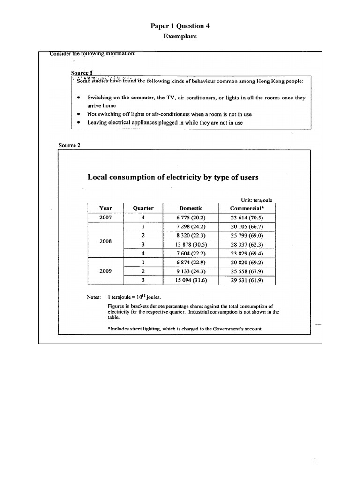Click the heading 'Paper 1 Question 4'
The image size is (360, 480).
point(180,26)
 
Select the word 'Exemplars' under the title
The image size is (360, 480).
point(180,37)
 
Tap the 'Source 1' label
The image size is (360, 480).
point(82,73)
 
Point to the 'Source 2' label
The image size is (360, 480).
point(69,145)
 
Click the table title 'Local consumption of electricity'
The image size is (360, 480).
point(173,177)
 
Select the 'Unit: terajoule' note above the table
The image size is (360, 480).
point(256,200)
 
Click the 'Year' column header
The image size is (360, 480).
point(105,208)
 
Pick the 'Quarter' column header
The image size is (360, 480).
point(143,208)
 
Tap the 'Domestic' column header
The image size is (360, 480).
point(191,208)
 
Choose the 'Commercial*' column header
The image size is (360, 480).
point(247,208)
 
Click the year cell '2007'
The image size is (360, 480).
point(105,217)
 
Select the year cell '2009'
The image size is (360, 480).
point(105,271)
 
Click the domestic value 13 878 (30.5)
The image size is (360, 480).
point(190,244)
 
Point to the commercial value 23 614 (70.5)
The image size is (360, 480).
point(247,217)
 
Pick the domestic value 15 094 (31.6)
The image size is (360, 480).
point(190,280)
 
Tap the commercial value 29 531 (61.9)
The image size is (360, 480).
point(247,280)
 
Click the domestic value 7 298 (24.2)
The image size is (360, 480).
point(190,226)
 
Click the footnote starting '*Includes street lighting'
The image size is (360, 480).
point(185,329)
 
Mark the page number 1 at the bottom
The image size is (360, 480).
point(315,461)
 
